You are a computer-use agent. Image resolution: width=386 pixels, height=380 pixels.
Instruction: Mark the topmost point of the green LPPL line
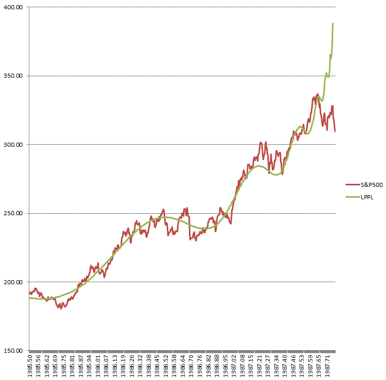click(x=333, y=23)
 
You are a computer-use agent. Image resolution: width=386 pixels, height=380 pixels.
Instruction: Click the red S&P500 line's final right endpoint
click(x=335, y=131)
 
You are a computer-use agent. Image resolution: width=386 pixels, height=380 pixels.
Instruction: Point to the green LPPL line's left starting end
click(x=30, y=298)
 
